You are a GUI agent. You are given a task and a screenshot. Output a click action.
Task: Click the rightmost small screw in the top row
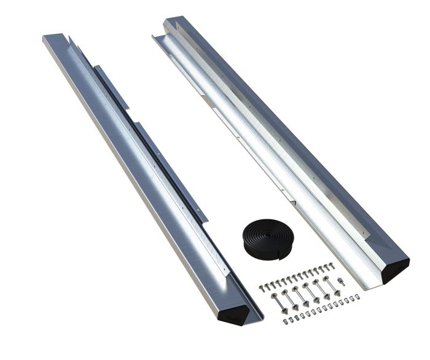click(332, 265)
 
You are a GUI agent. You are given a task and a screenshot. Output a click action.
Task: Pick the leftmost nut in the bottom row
click(285, 321)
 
